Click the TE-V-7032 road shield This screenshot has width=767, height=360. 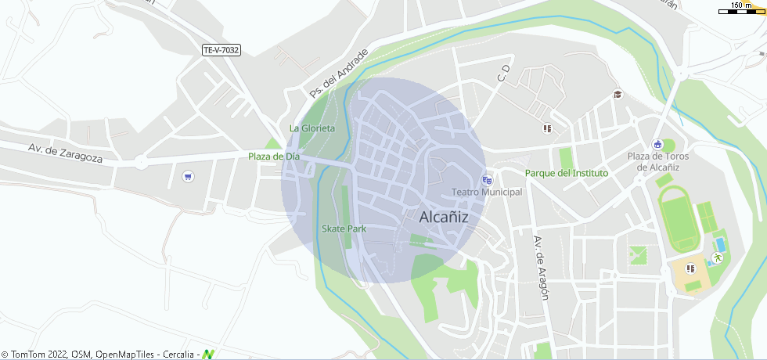coord(221,50)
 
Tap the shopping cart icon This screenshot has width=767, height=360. coord(187,176)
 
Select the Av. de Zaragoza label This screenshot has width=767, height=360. coord(66,153)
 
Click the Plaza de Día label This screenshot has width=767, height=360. coord(274,157)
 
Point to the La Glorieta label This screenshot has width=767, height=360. coord(312,128)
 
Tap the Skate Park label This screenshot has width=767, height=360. coord(344,229)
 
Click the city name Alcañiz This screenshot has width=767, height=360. coord(444,218)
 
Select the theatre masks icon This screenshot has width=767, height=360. coord(488,180)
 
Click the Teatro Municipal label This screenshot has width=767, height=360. coord(487,193)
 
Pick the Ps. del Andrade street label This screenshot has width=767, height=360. coord(338,74)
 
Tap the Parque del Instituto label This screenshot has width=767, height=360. coord(567,173)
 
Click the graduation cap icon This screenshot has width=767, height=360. coord(618,95)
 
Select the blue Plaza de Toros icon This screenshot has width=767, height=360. coord(657,144)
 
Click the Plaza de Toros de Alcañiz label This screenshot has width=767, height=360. coord(657,162)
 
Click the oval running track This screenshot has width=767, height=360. coord(679,218)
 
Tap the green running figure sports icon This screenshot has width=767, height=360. coord(717,257)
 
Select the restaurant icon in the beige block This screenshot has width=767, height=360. coord(690,269)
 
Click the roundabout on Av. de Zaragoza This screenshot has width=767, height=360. coord(141,163)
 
